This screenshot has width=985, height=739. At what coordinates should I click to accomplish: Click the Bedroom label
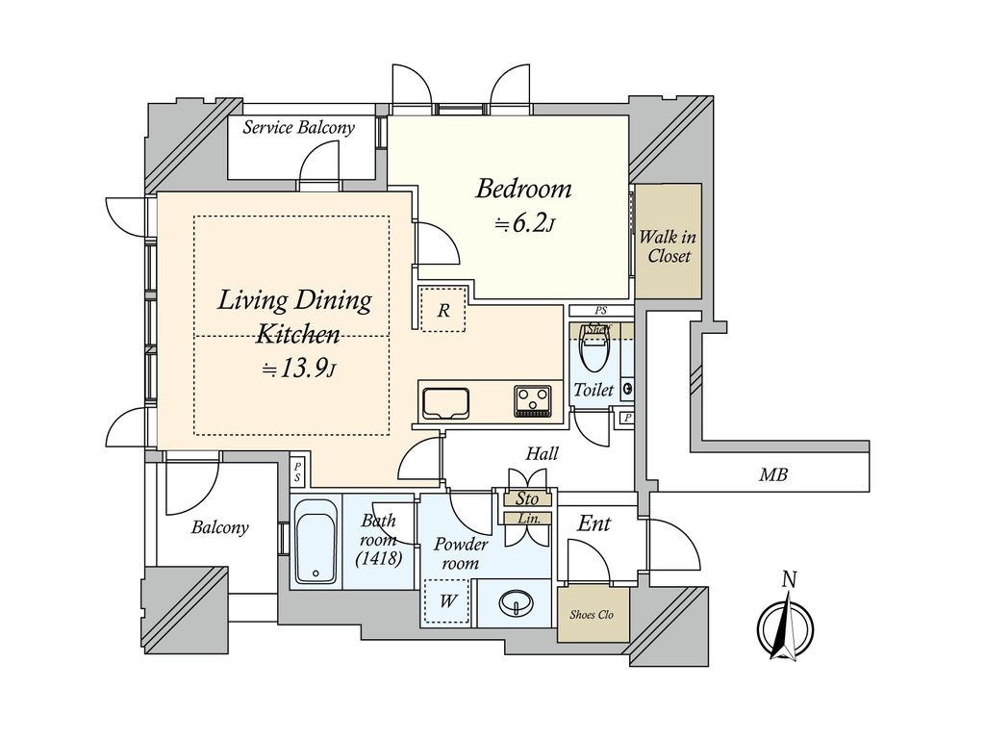coord(523,189)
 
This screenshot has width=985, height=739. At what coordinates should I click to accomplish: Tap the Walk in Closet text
coord(668,246)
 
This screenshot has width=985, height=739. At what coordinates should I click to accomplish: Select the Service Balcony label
coord(299,128)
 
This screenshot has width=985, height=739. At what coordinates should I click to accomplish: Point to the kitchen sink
coord(445,403)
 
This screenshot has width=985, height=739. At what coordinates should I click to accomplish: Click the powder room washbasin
coord(517,604)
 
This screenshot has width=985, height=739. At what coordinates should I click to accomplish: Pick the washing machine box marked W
coord(447,601)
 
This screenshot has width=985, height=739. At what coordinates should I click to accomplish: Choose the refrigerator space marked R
coord(443,309)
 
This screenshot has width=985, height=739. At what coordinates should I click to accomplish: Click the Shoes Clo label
coord(592,615)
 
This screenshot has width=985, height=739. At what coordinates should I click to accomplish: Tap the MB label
coord(773,475)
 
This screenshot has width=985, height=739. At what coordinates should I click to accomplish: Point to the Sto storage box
coord(528,499)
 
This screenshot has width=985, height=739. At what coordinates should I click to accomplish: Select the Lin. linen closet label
coord(528,519)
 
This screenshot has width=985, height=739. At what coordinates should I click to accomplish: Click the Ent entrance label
coord(594,523)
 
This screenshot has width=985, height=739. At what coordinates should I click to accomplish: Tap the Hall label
coord(542,453)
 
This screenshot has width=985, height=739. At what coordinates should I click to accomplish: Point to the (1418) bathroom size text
coord(379,558)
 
